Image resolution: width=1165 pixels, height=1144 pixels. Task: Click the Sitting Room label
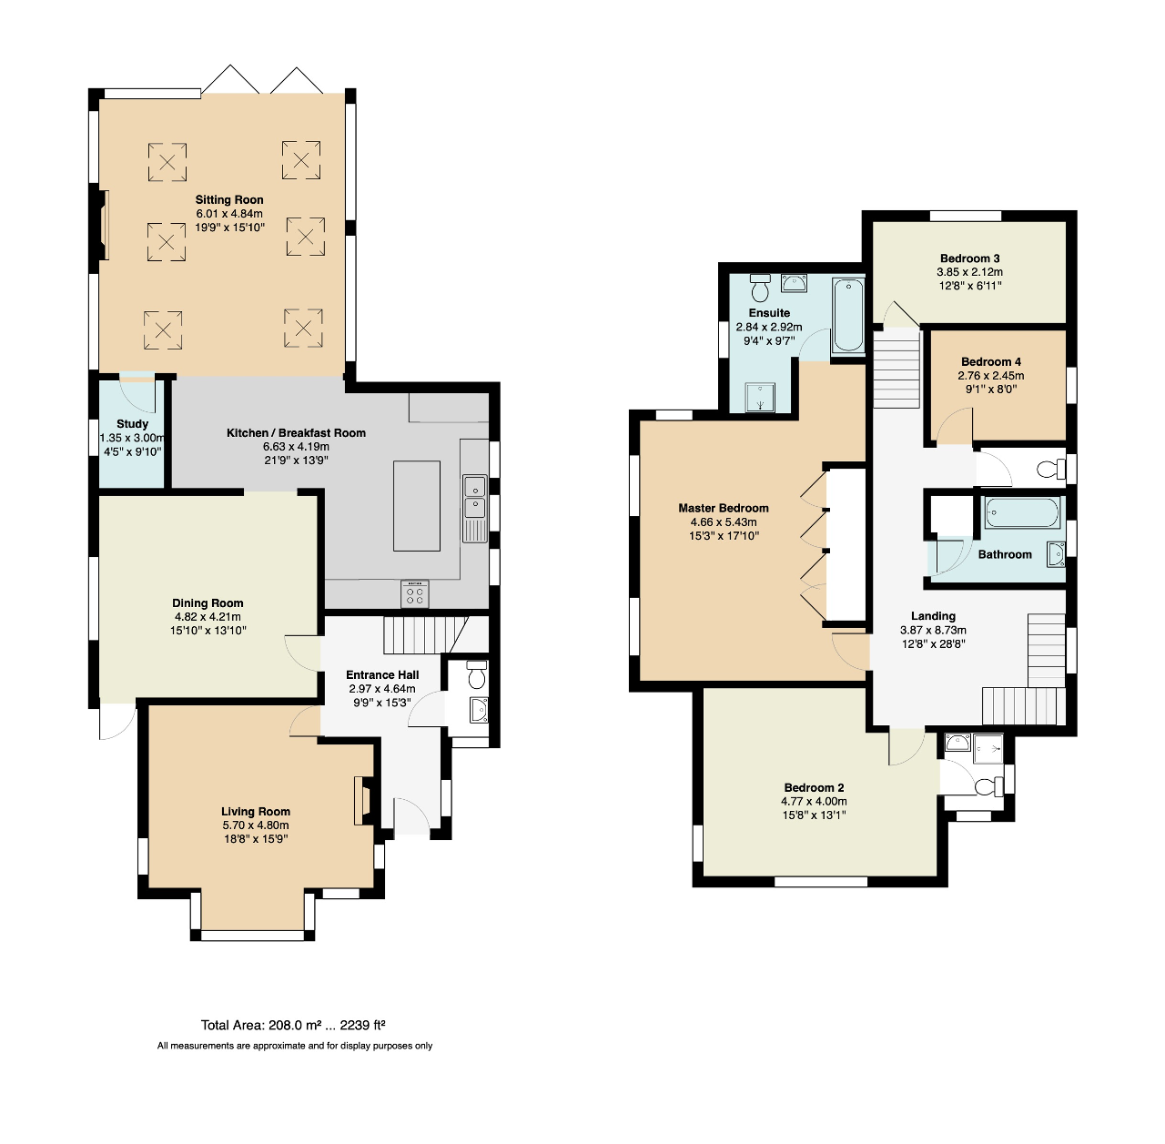click(229, 200)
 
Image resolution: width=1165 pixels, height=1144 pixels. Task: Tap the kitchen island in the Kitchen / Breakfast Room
click(416, 505)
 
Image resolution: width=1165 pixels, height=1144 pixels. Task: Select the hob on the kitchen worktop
click(415, 594)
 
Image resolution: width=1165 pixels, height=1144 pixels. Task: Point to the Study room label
click(133, 424)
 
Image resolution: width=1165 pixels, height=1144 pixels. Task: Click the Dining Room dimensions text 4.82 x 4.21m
click(208, 617)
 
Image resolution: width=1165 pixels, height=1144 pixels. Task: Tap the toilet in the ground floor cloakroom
click(476, 675)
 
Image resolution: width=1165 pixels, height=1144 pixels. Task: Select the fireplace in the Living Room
click(362, 800)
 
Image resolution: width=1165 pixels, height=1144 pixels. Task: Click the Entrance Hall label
click(382, 675)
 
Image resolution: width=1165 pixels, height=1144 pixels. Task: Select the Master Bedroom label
click(724, 509)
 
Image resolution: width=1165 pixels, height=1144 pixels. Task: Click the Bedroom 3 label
click(969, 258)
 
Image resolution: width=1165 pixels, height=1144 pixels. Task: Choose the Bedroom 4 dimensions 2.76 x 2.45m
click(990, 376)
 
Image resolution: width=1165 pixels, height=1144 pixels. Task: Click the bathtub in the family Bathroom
click(1021, 512)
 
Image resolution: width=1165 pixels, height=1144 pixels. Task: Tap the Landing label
click(933, 616)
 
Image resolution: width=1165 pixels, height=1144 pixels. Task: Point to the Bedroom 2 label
click(814, 788)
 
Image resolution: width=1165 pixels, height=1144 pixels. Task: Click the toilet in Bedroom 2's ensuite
click(985, 785)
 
